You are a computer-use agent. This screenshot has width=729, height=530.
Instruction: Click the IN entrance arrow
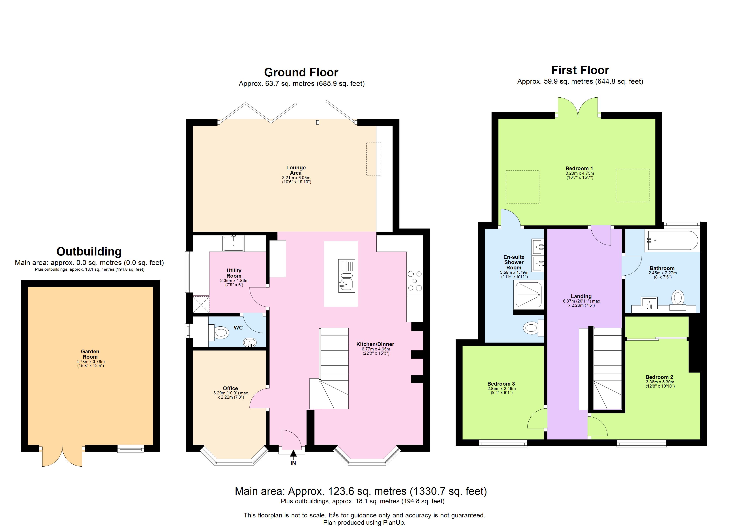point(293,454)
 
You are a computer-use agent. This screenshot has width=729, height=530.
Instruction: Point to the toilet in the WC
point(220,333)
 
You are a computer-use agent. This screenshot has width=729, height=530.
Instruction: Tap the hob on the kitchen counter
point(415,281)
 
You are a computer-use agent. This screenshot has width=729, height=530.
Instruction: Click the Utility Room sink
point(234,243)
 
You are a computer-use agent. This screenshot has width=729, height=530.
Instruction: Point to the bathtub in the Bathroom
point(671,240)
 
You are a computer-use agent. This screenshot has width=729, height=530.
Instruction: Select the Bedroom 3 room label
point(501,384)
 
